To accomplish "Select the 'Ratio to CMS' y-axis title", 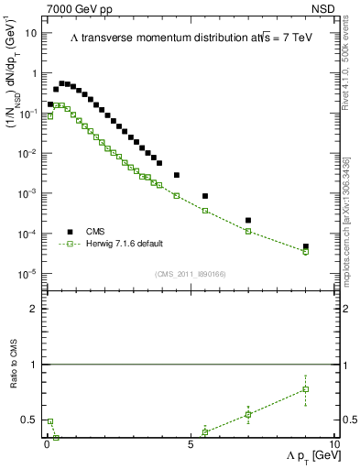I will pyautogui.click(x=12, y=387).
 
